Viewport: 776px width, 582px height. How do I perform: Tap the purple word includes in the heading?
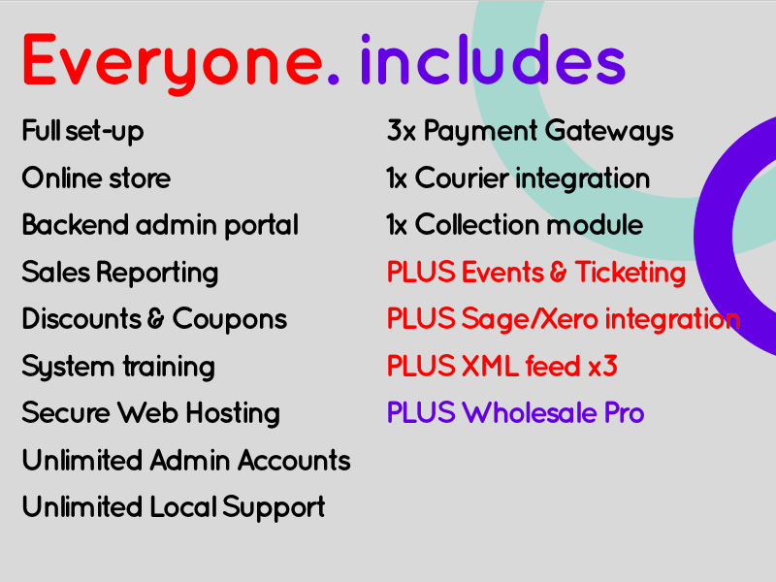[x=494, y=59]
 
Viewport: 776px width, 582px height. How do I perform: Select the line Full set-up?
[x=83, y=132]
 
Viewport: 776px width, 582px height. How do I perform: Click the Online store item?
[x=96, y=178]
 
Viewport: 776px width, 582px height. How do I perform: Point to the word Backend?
[x=76, y=225]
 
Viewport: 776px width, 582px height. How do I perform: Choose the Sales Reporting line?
[x=120, y=273]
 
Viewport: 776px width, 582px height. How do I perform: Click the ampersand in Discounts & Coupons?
[x=156, y=319]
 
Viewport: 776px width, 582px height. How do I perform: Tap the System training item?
[x=118, y=367]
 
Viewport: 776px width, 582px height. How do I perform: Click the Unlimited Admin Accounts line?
[x=186, y=460]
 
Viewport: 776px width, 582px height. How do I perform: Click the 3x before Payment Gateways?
[x=402, y=131]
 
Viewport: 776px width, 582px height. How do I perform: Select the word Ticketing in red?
[x=630, y=273]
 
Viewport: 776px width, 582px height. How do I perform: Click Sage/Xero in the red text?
[x=530, y=319]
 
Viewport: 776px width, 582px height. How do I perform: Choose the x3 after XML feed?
[x=602, y=367]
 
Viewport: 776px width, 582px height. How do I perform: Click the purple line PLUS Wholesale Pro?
[x=516, y=413]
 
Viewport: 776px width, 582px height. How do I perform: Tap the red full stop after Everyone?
[x=333, y=78]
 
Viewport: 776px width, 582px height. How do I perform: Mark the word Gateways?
[x=609, y=132]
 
